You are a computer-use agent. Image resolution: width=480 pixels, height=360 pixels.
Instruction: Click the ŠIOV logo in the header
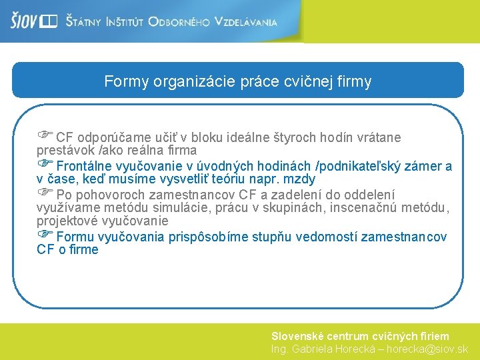pyautogui.click(x=33, y=21)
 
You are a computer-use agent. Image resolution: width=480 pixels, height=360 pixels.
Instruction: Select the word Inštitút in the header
pyautogui.click(x=123, y=22)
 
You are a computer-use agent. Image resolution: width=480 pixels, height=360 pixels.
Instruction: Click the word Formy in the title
pyautogui.click(x=126, y=82)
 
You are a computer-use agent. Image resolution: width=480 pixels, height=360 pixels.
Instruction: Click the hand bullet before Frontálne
pyautogui.click(x=45, y=163)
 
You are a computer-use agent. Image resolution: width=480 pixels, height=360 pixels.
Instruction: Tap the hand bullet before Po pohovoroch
pyautogui.click(x=45, y=193)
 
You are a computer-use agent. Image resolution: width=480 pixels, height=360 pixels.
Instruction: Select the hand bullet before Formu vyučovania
pyautogui.click(x=45, y=235)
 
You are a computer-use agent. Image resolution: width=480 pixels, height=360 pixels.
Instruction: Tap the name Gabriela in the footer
pyautogui.click(x=313, y=349)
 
